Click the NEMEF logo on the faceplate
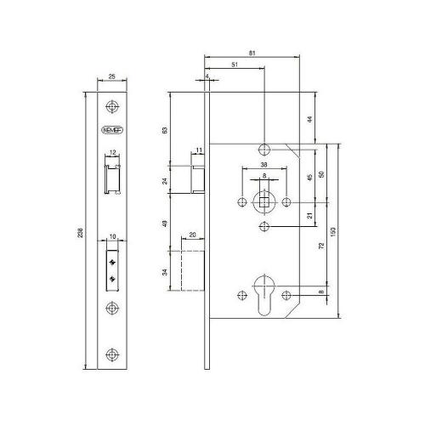112,130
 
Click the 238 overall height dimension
81,232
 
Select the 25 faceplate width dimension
112,76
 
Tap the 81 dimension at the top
252,53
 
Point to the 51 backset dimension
235,65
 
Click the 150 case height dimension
333,232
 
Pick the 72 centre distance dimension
321,246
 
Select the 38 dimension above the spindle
263,165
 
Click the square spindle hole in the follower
264,202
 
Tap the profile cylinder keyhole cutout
264,295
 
